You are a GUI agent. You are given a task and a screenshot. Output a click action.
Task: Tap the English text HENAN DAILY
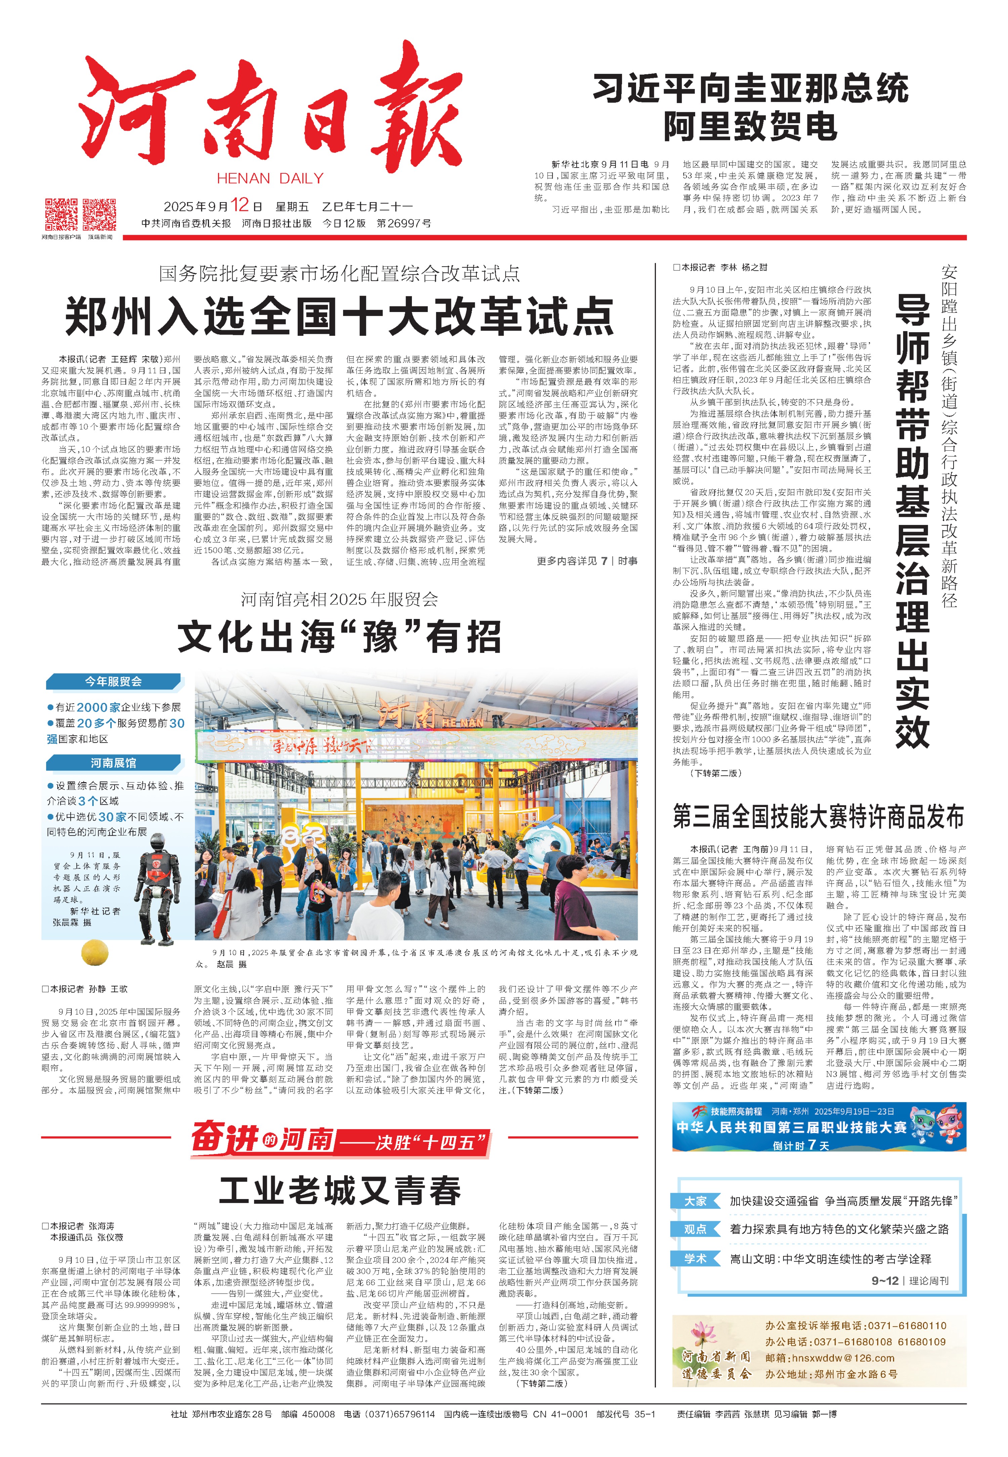[270, 179]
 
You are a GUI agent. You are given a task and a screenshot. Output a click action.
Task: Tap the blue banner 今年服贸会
[114, 681]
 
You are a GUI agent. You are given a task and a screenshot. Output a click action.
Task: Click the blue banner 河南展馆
[114, 762]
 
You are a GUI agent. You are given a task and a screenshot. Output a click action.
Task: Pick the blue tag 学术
[696, 1259]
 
